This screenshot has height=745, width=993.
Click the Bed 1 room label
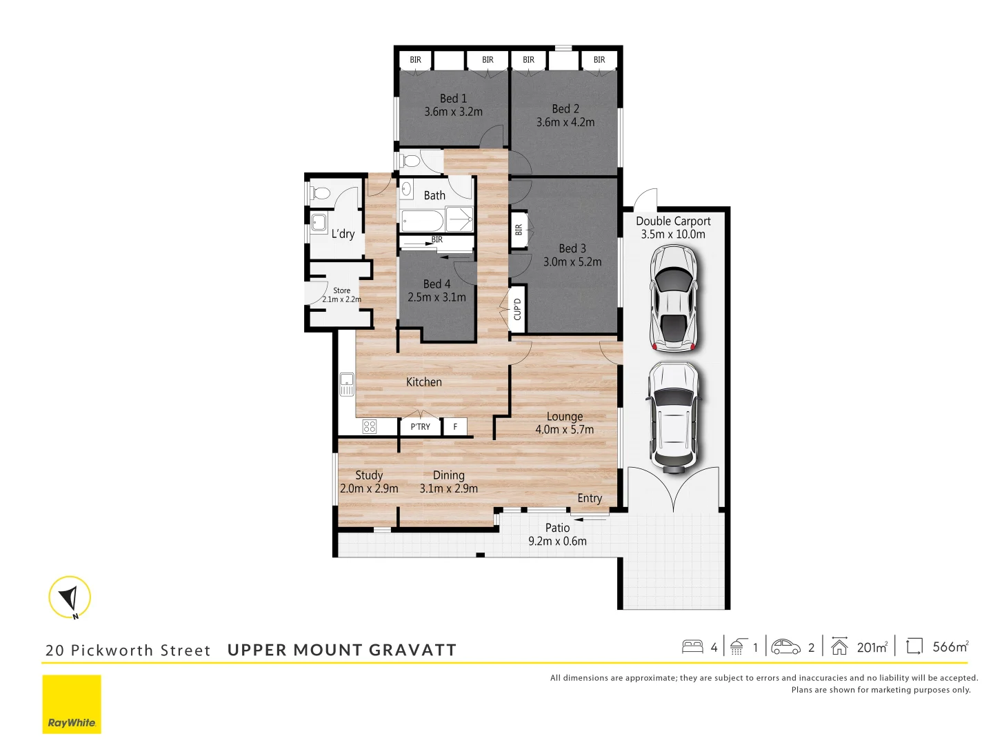pos(453,99)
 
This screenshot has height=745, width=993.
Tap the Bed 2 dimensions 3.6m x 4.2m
pos(565,122)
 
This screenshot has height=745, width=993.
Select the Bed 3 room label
pos(572,248)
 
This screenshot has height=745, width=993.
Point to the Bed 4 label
pos(437,284)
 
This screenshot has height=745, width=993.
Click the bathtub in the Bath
pos(421,221)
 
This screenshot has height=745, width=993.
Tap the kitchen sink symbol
pos(347,384)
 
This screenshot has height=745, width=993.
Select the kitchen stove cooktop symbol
pos(370,426)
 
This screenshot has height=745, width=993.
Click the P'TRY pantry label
pos(420,427)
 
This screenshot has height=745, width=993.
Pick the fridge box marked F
pos(455,427)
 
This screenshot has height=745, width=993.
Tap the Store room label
pos(341,291)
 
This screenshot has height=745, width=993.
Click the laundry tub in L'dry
pos(319,222)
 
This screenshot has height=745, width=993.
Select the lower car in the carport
pos(673,416)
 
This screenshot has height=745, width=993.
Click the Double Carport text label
pos(673,221)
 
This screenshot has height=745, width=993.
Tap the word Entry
pos(590,498)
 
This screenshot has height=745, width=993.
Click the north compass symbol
pos(70,597)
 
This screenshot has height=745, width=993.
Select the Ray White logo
pos(72,704)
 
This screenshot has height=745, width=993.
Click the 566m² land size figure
pos(950,647)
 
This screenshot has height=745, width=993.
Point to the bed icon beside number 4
pos(692,646)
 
